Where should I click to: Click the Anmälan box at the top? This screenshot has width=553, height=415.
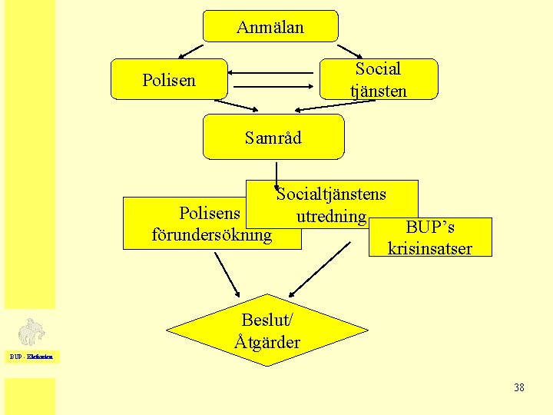[x=270, y=26]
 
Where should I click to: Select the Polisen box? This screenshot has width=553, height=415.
[x=169, y=79]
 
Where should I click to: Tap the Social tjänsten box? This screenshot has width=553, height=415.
[x=378, y=79]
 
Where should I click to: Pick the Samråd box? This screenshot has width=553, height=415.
[x=273, y=137]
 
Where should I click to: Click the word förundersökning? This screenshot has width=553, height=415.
[x=212, y=234]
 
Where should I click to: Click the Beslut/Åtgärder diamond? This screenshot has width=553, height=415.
[x=267, y=331]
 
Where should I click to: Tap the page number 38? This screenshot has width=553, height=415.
[x=519, y=387]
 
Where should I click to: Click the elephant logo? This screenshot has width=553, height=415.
[x=31, y=333]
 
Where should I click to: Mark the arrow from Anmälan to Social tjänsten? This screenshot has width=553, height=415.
[x=349, y=48]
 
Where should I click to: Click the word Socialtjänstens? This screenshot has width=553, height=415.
[x=331, y=193]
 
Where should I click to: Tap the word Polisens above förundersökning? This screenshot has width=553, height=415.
[x=210, y=212]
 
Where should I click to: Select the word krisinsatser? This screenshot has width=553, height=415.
[x=430, y=248]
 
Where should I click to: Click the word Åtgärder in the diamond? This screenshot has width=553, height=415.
[x=268, y=342]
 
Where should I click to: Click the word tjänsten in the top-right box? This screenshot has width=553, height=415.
[x=378, y=91]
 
